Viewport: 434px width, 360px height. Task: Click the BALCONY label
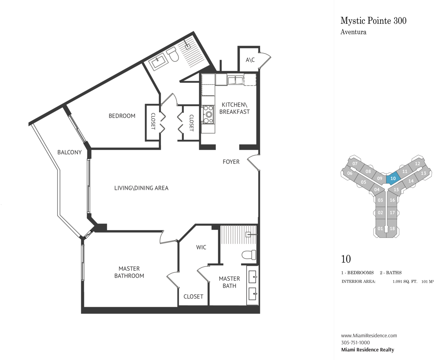point(69,152)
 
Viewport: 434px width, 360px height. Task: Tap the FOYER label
point(231,162)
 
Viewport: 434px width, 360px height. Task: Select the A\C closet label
point(250,60)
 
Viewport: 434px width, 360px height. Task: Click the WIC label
point(201,247)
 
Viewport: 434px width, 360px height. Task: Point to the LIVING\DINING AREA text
point(141,188)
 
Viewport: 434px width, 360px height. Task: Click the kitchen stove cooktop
point(208,114)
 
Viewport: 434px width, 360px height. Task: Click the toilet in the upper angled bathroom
point(173,54)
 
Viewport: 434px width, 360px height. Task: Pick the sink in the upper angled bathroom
point(158,61)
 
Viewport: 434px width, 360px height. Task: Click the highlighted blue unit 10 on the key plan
point(393,179)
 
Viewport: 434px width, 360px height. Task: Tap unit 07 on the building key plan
point(355,163)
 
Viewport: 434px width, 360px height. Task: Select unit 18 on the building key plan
point(392,228)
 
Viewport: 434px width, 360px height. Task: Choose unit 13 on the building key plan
point(423,173)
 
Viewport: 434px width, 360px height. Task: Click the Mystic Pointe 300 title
point(373,20)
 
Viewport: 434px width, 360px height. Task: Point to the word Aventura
point(353,32)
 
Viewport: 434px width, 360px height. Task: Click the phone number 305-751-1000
point(355,342)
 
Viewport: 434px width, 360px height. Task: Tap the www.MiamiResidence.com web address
point(369,335)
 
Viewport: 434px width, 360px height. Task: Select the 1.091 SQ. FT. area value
point(405,282)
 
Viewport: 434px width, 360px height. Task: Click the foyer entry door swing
point(253,163)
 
